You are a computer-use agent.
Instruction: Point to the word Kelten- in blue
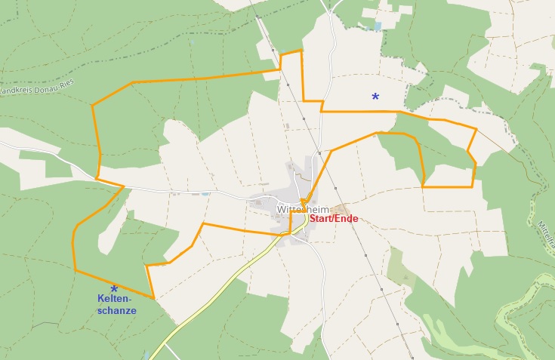(114, 299)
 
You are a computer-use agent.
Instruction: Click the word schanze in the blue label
(117, 310)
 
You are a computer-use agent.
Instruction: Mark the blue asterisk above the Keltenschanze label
(114, 289)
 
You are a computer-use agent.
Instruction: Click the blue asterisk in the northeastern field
(375, 97)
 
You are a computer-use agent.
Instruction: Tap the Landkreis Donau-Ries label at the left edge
(23, 89)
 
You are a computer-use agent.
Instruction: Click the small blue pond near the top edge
(377, 26)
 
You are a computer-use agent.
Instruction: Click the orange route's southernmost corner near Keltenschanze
(153, 298)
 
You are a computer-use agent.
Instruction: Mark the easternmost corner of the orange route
(476, 129)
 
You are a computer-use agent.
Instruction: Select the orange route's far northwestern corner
(93, 105)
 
